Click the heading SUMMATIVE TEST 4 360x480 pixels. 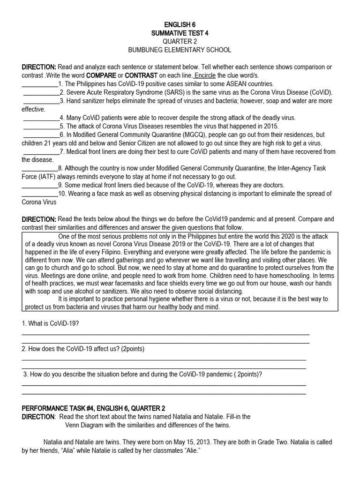tap(180, 32)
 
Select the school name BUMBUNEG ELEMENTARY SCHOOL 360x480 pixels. tap(180, 50)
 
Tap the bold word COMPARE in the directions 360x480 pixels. tap(101, 75)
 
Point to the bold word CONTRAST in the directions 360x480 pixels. tap(142, 75)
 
